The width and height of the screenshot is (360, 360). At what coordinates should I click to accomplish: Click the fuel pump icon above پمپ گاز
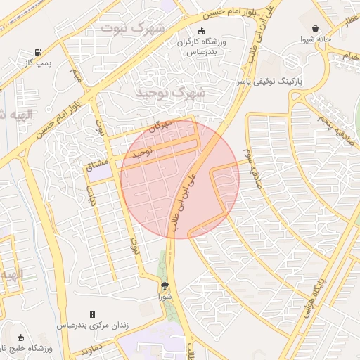(x=37, y=53)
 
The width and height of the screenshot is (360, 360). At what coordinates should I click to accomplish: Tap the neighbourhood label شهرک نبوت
(x=132, y=28)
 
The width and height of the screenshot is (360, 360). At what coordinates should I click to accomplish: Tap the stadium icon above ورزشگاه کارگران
(x=202, y=31)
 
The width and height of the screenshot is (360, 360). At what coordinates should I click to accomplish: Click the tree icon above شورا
(x=165, y=285)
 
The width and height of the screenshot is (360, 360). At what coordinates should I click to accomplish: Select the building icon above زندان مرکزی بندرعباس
(x=92, y=314)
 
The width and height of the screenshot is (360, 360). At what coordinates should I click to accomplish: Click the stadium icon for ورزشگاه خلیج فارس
(x=20, y=338)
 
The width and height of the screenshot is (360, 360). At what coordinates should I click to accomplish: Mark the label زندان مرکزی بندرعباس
(x=92, y=326)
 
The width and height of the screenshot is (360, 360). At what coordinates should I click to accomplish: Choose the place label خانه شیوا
(x=316, y=40)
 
